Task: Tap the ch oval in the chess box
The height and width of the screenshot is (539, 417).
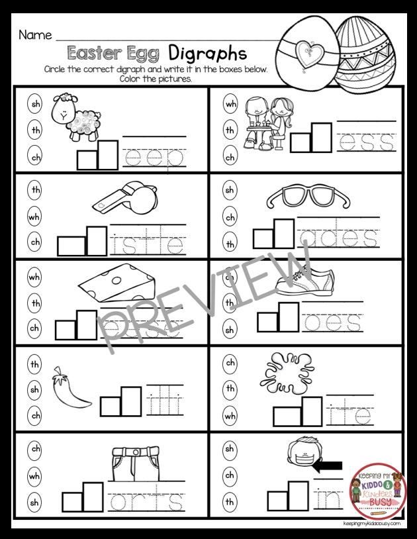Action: pyautogui.click(x=230, y=158)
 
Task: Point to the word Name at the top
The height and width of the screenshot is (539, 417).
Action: pyautogui.click(x=35, y=34)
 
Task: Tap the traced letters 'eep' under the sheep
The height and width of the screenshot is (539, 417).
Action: pyautogui.click(x=153, y=158)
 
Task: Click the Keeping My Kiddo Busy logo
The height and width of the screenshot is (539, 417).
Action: pyautogui.click(x=379, y=491)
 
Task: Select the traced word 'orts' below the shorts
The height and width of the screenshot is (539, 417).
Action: pyautogui.click(x=146, y=503)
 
